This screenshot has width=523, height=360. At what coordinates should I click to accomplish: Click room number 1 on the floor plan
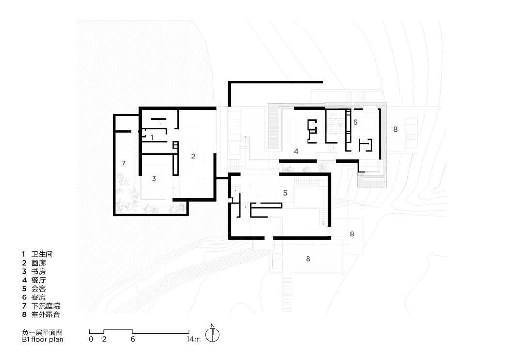point(152,137)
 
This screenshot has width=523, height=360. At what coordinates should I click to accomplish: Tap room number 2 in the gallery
point(193,156)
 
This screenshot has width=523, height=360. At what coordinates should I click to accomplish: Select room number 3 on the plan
point(154,178)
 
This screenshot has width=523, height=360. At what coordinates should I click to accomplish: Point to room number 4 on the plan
point(296,151)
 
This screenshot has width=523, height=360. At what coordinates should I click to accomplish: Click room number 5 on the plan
point(285,193)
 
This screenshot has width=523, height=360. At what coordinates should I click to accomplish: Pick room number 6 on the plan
point(355,122)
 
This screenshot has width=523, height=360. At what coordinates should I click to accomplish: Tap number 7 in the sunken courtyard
point(124,163)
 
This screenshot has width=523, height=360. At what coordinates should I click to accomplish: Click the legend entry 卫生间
point(42,254)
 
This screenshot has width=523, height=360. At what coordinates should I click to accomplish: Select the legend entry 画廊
point(39,263)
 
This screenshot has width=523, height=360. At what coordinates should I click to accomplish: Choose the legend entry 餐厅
point(39,280)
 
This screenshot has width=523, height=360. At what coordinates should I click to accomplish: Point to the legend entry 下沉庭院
point(46,306)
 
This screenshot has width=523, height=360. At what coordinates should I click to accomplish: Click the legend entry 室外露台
point(46,314)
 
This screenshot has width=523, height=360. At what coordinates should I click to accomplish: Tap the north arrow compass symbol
point(213,334)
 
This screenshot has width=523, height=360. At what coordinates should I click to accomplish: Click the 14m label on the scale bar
point(193,339)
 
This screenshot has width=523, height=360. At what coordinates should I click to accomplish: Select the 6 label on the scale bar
point(133,339)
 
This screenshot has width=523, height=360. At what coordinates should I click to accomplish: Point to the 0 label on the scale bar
point(91,339)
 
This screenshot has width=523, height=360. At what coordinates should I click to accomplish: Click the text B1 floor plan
point(42,339)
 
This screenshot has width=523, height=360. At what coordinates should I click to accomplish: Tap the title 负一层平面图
point(42,333)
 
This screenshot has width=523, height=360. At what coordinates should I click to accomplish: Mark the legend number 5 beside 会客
point(24,289)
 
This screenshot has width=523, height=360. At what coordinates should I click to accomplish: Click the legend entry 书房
point(39,272)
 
